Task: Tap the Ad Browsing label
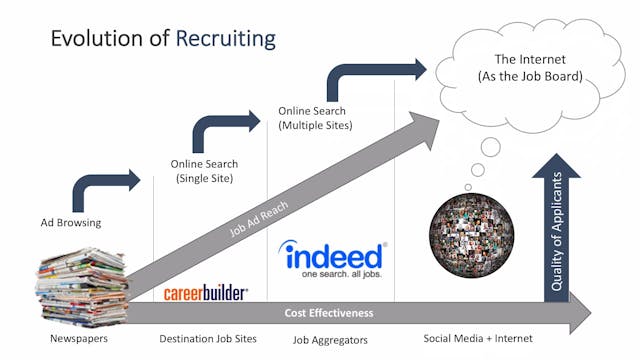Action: (x=70, y=221)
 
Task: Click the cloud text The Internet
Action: (x=524, y=61)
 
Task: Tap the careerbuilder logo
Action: (x=206, y=294)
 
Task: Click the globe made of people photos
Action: (x=472, y=232)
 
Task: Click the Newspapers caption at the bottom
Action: (x=78, y=340)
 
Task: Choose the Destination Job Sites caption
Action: (x=208, y=340)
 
